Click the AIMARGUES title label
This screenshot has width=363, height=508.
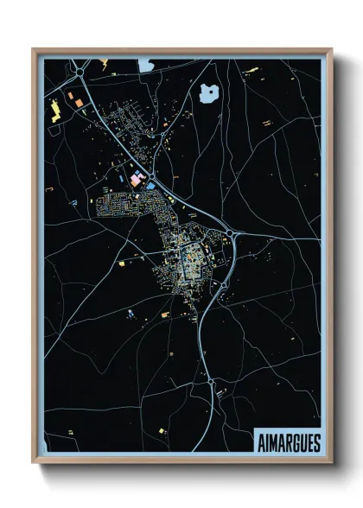288,442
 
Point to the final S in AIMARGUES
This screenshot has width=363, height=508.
315,442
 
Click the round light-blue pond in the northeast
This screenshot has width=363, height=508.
208,92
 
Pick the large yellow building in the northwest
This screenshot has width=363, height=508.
56,110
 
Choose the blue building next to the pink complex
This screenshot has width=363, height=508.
151,184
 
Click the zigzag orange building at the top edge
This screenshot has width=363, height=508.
104,62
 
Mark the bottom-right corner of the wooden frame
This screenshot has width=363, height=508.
331,465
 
